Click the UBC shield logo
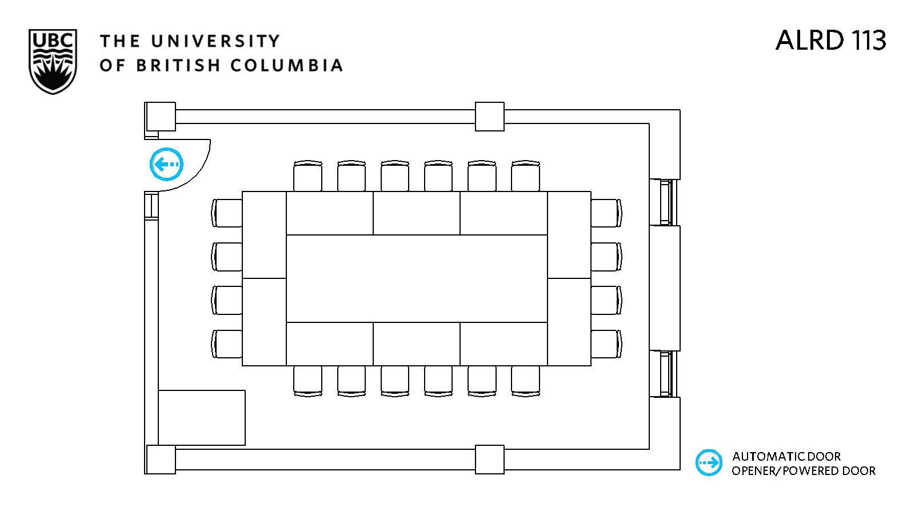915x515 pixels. coord(52,62)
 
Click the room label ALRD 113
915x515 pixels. coord(830,40)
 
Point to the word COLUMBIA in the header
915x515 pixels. coord(286,65)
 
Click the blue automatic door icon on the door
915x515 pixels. coord(166,165)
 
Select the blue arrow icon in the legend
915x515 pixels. coord(709,462)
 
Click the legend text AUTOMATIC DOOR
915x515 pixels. coord(786,457)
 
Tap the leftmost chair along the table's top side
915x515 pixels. coord(307,177)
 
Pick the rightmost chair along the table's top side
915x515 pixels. coord(525,177)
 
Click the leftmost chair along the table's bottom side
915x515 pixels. coord(307,381)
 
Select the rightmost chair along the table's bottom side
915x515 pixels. coord(525,381)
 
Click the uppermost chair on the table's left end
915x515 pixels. coord(227,213)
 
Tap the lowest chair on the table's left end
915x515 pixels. coord(227,344)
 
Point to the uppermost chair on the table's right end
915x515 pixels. coord(606,213)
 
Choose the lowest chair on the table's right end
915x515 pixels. coord(606,344)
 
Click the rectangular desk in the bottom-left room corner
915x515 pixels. coord(202,418)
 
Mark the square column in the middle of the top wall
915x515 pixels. coord(489,117)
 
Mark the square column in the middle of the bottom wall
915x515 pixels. coord(489,460)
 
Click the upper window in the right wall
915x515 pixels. coord(665,202)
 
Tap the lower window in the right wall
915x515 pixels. coord(665,374)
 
